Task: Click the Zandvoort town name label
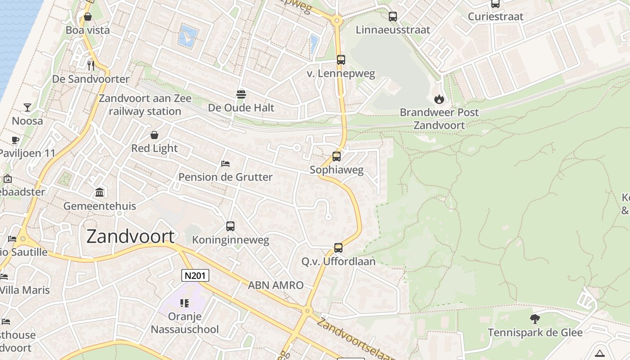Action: pyautogui.click(x=130, y=236)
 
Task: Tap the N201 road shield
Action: pyautogui.click(x=195, y=275)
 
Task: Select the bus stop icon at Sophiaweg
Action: pyautogui.click(x=337, y=157)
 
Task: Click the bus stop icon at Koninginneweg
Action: pyautogui.click(x=230, y=226)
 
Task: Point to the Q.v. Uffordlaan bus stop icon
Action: pyautogui.click(x=338, y=247)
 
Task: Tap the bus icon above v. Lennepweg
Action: pyautogui.click(x=341, y=59)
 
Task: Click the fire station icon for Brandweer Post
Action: pyautogui.click(x=439, y=99)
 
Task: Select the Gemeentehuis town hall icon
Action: pyautogui.click(x=99, y=193)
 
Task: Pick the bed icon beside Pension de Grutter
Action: pyautogui.click(x=225, y=163)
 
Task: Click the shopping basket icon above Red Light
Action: pyautogui.click(x=154, y=135)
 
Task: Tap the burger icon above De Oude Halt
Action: pyautogui.click(x=241, y=94)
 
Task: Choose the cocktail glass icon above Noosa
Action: pyautogui.click(x=27, y=107)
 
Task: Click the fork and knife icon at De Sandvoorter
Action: pyautogui.click(x=91, y=65)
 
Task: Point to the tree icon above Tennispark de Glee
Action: pyautogui.click(x=535, y=319)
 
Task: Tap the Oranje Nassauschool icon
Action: pyautogui.click(x=184, y=303)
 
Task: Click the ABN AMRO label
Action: pyautogui.click(x=276, y=285)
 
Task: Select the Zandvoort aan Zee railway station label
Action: pyautogui.click(x=145, y=105)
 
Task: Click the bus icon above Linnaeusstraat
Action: pyautogui.click(x=393, y=17)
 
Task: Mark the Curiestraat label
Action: pyautogui.click(x=495, y=17)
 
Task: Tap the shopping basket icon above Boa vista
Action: pyautogui.click(x=88, y=17)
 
